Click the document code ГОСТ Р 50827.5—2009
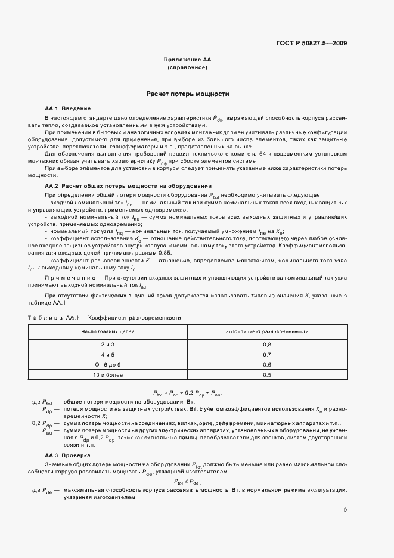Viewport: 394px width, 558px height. tap(312, 43)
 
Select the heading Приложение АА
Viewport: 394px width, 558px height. tap(188, 60)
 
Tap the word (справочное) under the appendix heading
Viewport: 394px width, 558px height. tap(188, 68)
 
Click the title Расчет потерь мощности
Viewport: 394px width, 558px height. tap(188, 94)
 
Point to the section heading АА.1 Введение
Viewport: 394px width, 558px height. tap(67, 108)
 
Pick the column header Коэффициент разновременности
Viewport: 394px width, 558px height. tap(267, 331)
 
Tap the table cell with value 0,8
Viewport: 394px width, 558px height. tap(267, 345)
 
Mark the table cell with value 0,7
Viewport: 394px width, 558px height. tap(267, 355)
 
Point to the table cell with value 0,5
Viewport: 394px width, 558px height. tap(267, 374)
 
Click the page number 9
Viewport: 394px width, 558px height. tap(346, 510)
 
